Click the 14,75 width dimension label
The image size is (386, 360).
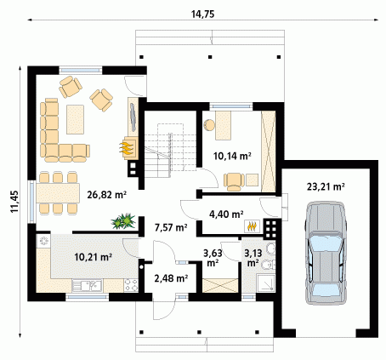coord(203,14)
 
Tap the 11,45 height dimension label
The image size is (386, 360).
coord(14,201)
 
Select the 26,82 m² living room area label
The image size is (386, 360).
coord(107,195)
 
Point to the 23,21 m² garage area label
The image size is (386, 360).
coord(326,186)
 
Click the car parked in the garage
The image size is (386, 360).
coord(326,253)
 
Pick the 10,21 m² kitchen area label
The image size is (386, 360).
coord(94,257)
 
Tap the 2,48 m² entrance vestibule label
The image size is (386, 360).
coord(171,278)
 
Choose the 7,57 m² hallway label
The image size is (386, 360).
coord(171,227)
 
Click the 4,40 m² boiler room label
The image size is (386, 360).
coord(226,214)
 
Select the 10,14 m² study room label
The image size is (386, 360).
coord(232,156)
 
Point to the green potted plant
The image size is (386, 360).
coord(123,220)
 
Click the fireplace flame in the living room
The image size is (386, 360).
coord(126,148)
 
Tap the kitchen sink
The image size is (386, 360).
coord(87,285)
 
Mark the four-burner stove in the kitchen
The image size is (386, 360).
coord(131,285)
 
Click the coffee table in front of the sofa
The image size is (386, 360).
coord(75,119)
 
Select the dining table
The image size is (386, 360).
coord(58,193)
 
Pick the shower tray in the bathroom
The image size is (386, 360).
coord(265,283)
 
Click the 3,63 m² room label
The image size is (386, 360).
coord(213,258)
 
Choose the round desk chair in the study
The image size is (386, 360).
coord(209,125)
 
